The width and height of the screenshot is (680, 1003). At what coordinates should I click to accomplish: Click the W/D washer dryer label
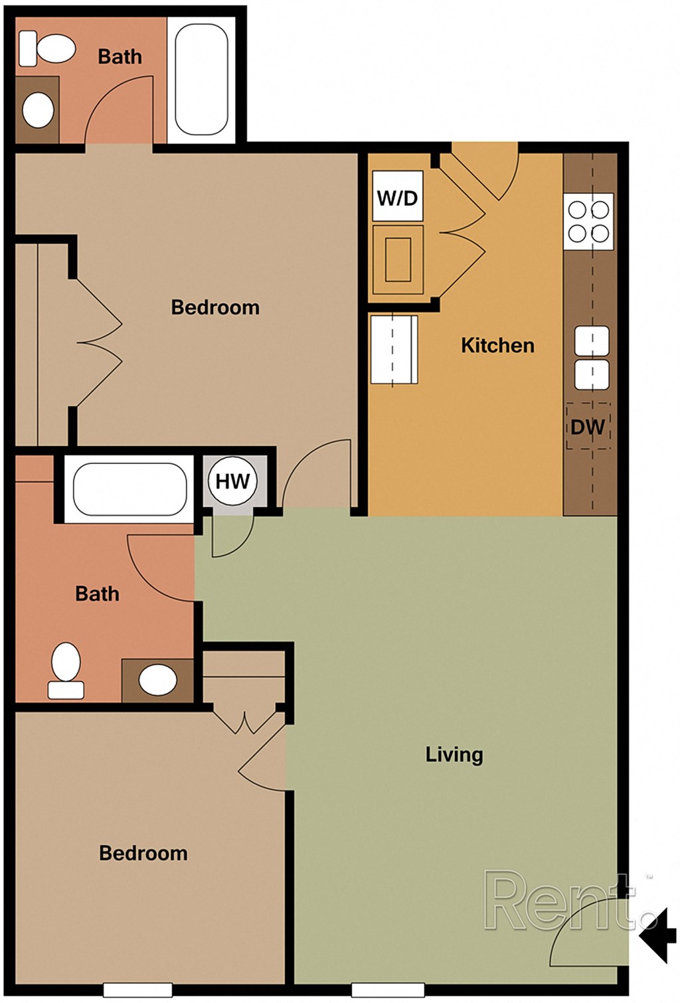[397, 197]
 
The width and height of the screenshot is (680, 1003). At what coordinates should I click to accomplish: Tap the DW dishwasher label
[588, 427]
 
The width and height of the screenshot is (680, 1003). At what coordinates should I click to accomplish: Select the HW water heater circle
[232, 481]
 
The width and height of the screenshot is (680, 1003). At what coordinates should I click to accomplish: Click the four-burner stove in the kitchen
[588, 222]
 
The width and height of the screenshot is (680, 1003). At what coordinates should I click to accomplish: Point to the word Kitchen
[497, 345]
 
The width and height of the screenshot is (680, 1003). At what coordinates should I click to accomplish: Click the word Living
[454, 754]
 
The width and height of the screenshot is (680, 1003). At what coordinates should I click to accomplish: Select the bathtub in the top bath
[201, 80]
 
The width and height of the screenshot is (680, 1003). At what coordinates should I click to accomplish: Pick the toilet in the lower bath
[66, 669]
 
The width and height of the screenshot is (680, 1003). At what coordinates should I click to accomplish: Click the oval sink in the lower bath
[157, 680]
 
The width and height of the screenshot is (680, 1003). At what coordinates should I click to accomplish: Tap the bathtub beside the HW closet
[129, 489]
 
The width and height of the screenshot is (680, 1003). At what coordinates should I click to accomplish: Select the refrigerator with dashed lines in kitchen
[393, 349]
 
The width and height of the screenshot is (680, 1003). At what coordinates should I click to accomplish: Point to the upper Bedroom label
[215, 307]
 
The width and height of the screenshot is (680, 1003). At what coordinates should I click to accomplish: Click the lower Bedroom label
[143, 853]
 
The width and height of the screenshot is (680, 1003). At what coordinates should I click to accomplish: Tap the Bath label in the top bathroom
[120, 56]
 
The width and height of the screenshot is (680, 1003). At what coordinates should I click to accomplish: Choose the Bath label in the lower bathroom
[97, 593]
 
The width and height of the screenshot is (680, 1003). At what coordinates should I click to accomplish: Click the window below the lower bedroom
[137, 990]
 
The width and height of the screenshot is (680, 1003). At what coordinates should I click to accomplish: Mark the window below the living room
[387, 990]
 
